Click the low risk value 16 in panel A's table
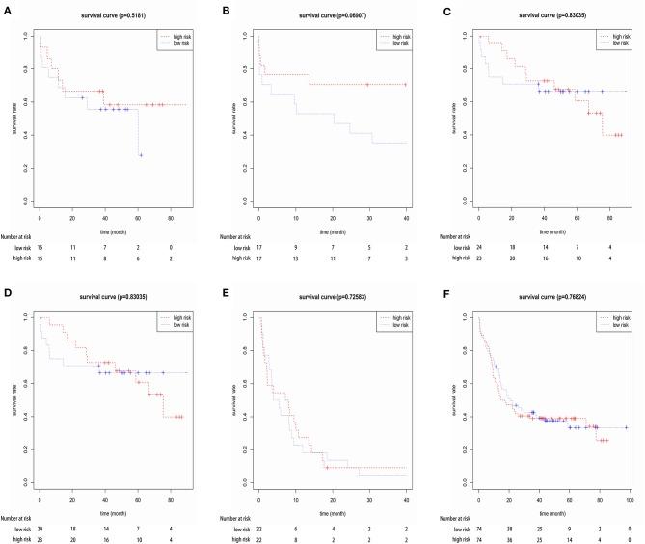[x=39, y=247]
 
